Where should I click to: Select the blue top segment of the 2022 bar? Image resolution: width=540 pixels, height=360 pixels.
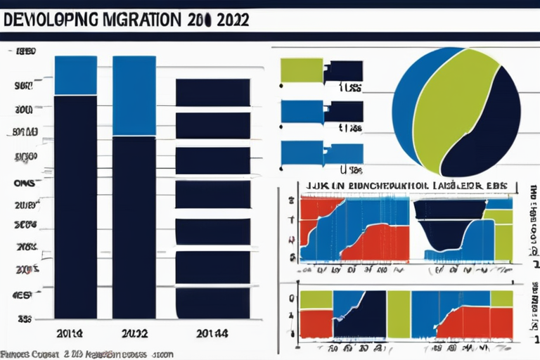[x=134, y=95]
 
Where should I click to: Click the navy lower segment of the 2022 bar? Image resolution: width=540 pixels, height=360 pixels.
[x=134, y=225]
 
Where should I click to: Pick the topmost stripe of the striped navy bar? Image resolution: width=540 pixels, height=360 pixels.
[x=212, y=91]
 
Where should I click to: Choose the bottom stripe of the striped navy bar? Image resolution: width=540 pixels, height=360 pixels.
[x=212, y=302]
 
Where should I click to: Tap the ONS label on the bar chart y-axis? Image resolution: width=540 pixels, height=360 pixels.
[x=25, y=180]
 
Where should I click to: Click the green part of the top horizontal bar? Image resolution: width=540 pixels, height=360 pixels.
[x=301, y=70]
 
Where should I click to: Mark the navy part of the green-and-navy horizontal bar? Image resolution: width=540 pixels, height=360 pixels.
[x=343, y=70]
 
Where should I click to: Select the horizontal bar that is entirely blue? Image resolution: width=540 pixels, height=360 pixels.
[x=321, y=153]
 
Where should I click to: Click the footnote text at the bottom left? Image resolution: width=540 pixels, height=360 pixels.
[x=84, y=354]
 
